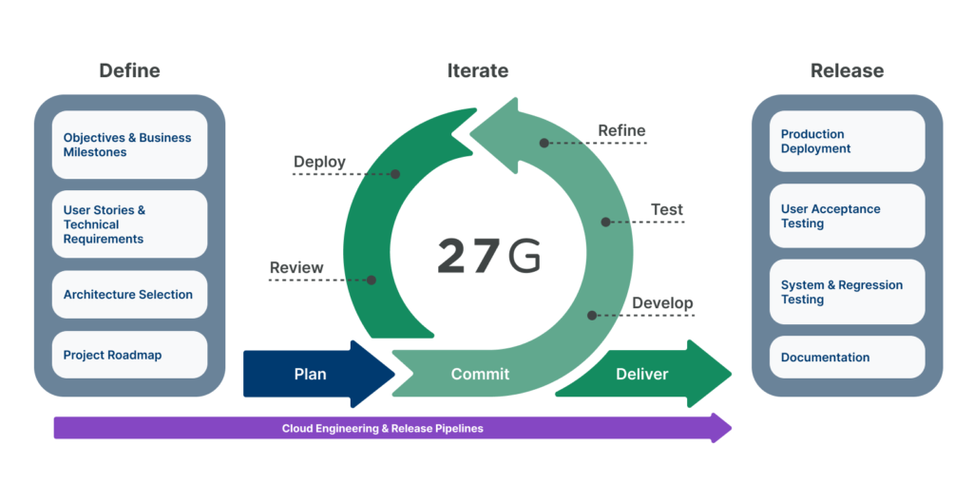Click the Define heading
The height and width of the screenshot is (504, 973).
point(129,70)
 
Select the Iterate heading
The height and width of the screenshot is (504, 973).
point(477,70)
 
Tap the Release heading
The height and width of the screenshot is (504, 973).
point(847,70)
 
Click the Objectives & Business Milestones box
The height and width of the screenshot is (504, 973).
point(129,145)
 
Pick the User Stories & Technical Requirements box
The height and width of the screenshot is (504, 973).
point(129,224)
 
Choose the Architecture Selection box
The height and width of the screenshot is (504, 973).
point(129,295)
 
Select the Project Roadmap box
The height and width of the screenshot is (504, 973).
point(129,355)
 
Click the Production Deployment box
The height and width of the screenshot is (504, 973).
point(847,142)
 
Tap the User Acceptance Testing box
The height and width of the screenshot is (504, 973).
point(847,216)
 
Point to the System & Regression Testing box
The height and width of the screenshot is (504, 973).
point(847,292)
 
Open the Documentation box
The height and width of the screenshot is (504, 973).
point(847,358)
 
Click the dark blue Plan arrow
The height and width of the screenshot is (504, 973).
point(314,374)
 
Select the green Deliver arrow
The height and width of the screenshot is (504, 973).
point(646,374)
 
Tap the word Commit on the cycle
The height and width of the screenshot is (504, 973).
point(480,374)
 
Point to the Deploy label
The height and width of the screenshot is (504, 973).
point(319,162)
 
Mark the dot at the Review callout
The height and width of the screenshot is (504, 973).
point(372,281)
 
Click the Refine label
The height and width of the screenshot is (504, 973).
point(621,130)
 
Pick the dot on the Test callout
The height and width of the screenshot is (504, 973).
point(605,223)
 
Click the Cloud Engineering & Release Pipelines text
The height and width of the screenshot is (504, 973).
point(382,429)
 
